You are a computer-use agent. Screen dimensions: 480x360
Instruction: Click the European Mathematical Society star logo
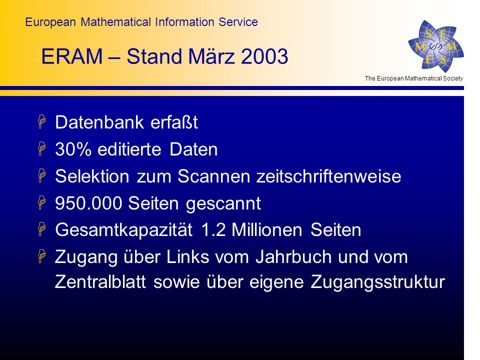click(436, 46)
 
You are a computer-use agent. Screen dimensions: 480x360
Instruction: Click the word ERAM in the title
click(72, 56)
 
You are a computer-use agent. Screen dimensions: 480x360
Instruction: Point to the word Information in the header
click(184, 22)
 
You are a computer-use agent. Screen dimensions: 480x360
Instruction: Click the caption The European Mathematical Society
click(413, 78)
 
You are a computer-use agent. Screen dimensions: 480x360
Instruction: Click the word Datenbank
click(99, 122)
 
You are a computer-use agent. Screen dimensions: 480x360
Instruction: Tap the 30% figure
click(73, 149)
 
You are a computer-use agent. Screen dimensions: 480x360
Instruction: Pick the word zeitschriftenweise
click(329, 176)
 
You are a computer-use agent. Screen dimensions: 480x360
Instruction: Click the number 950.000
click(88, 203)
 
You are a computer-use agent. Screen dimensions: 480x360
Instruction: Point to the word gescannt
click(223, 204)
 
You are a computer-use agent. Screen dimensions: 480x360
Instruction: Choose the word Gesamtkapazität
click(123, 230)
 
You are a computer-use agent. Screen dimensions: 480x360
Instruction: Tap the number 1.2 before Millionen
click(213, 230)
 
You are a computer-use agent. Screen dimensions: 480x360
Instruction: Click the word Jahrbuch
click(293, 256)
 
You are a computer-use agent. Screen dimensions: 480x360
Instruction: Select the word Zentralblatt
click(100, 281)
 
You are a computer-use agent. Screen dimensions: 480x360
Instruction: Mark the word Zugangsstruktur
click(378, 282)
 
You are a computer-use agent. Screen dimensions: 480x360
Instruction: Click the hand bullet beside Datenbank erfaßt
click(42, 121)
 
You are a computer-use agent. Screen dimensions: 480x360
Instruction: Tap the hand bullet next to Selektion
click(42, 175)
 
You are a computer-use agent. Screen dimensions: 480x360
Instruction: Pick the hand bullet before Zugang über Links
click(42, 256)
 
